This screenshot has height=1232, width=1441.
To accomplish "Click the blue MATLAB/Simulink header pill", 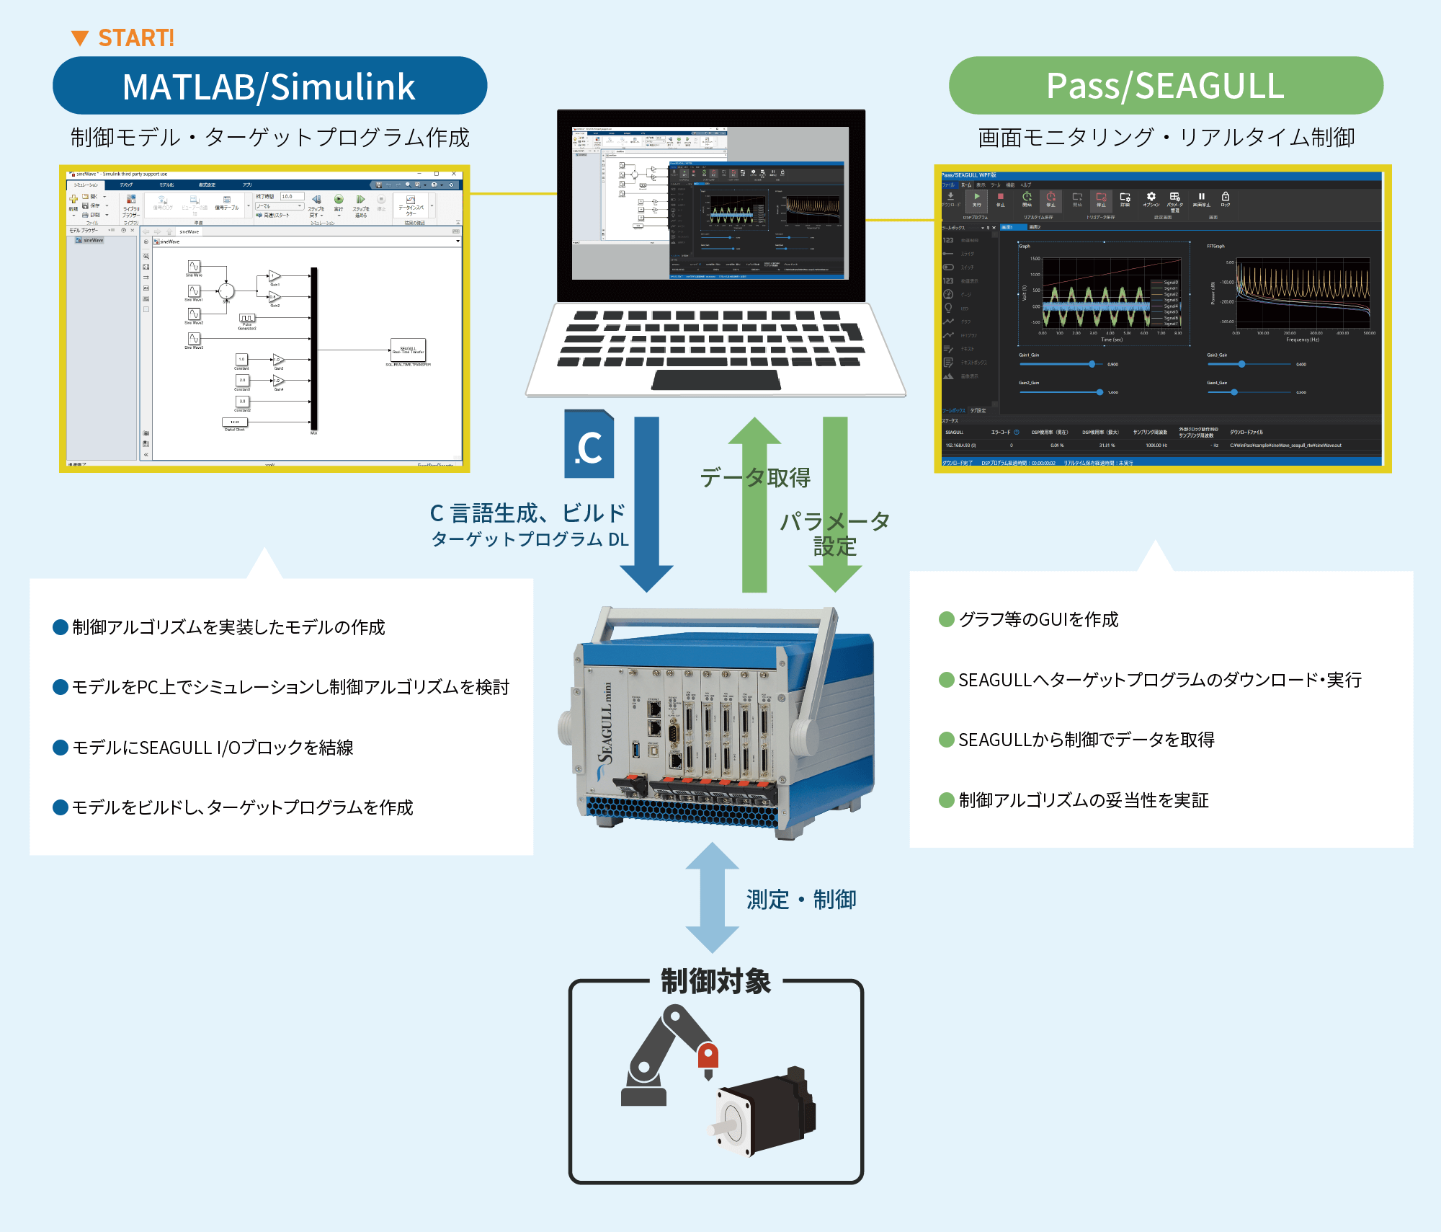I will click(269, 86).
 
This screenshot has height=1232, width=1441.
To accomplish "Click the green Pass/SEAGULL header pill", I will click(1165, 86).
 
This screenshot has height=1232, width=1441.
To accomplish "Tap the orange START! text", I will click(135, 37).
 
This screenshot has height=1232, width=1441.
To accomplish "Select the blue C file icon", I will click(589, 445).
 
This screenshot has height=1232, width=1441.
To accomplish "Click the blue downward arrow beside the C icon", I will click(646, 505).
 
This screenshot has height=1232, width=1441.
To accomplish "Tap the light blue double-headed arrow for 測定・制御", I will click(712, 898).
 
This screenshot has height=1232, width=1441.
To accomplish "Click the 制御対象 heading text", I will click(715, 981).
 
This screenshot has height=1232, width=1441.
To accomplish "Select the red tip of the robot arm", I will click(708, 1056).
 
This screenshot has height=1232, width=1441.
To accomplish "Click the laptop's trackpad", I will click(715, 380).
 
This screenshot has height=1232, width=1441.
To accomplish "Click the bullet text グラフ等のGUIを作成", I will click(1038, 619).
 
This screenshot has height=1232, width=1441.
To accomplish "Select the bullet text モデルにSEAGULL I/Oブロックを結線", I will click(213, 748).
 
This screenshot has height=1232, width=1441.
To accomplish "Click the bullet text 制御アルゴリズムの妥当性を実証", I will click(1083, 800).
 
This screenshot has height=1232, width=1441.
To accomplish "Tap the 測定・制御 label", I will click(801, 900).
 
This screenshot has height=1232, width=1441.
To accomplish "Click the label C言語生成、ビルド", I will click(527, 513).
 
